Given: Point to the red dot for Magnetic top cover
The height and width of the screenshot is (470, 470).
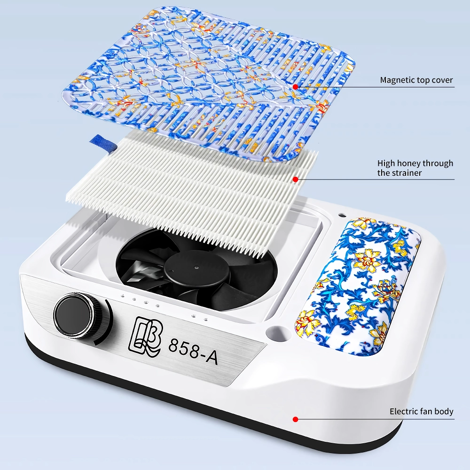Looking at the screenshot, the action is (295, 86).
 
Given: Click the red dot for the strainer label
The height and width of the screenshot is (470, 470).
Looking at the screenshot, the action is (295, 179).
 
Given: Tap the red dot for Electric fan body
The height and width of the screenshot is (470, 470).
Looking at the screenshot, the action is (295, 419).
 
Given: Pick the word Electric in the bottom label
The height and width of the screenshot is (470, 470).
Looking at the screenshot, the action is (403, 411).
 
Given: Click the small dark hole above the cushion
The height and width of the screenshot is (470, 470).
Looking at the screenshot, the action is (341, 215).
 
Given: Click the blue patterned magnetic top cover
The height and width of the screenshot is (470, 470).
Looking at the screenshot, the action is (208, 84).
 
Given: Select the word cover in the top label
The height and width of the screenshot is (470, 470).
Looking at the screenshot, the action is (442, 80).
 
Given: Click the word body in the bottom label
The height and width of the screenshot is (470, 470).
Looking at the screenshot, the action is (444, 412).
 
